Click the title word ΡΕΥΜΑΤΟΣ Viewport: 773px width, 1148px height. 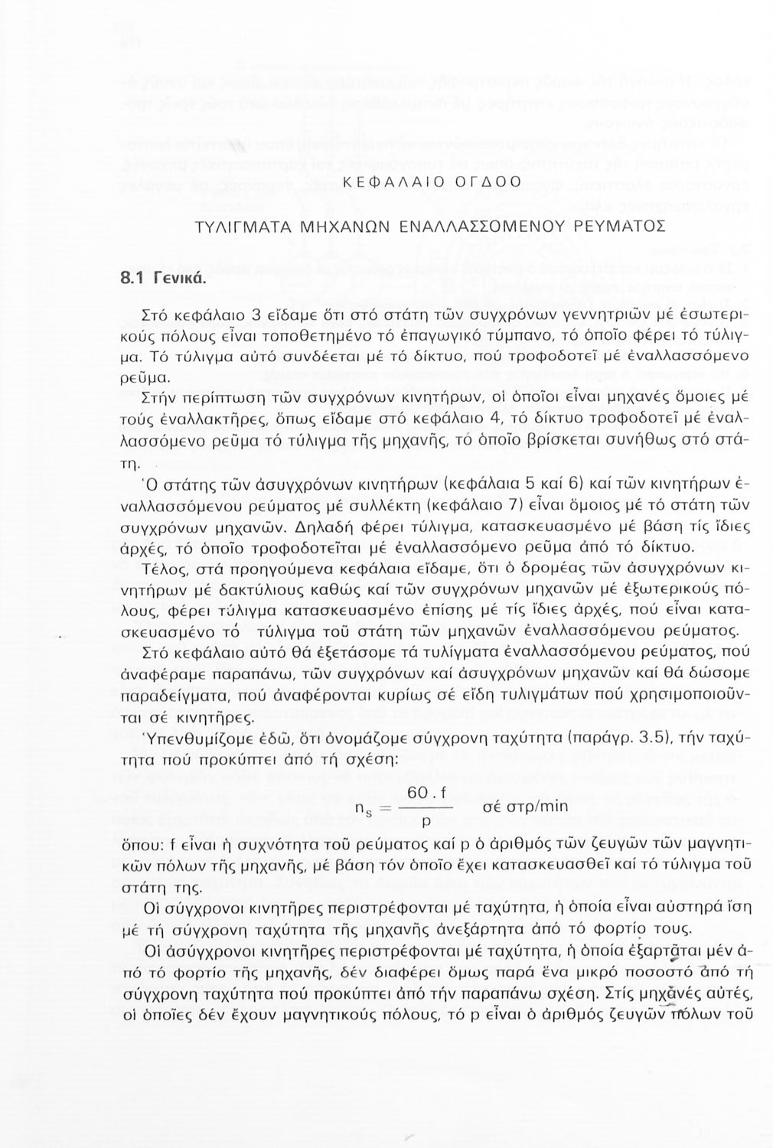[x=620, y=227]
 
